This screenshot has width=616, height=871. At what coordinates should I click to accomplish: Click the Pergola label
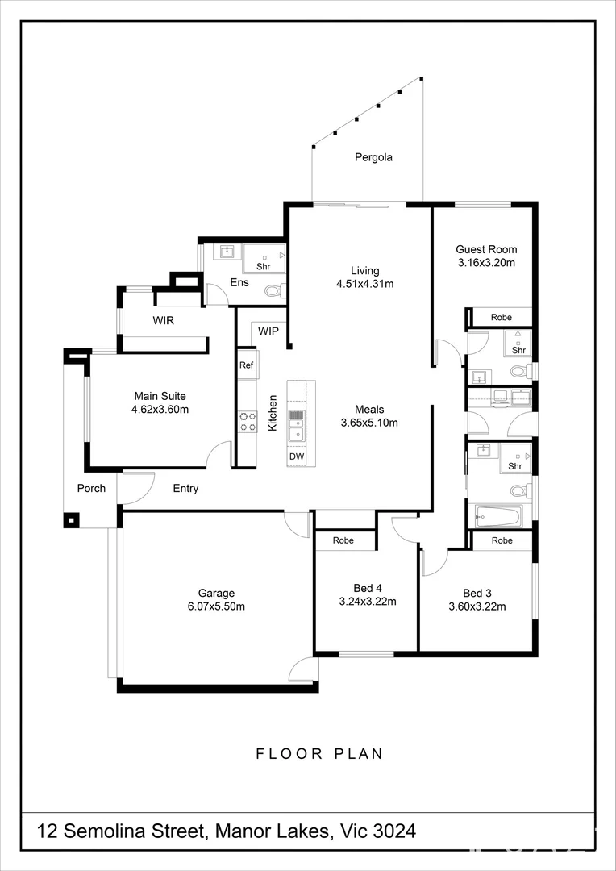373,157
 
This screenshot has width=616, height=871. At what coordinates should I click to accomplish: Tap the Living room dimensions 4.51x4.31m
364,284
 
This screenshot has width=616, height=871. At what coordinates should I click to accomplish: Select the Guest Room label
486,249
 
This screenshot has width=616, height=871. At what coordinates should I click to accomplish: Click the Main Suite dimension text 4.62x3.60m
160,410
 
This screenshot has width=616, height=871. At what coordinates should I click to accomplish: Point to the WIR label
164,320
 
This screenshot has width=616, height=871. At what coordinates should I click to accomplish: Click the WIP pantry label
268,331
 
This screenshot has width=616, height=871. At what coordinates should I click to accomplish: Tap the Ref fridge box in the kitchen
246,365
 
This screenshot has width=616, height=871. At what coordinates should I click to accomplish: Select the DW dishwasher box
296,456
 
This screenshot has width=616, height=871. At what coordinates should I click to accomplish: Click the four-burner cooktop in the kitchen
247,421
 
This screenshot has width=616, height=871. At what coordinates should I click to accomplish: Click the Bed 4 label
368,587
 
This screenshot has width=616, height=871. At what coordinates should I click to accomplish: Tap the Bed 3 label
476,591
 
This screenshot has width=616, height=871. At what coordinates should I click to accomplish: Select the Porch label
91,488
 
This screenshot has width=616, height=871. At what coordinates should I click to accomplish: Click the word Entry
185,488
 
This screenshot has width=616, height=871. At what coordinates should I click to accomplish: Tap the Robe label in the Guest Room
502,318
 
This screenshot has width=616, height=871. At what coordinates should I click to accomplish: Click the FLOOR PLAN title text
319,754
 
